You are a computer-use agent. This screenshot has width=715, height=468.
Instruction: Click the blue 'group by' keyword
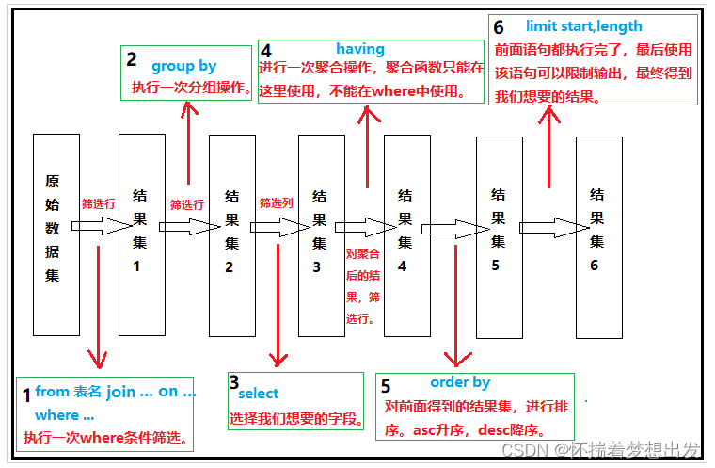183,66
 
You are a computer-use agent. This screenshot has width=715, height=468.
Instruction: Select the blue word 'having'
360,49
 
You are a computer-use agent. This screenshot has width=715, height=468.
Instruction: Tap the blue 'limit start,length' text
583,26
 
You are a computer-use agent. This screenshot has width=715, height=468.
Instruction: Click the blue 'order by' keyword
460,382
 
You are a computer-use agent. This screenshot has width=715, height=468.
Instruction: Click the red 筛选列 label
277,202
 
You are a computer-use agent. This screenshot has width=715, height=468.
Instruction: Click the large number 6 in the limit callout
499,27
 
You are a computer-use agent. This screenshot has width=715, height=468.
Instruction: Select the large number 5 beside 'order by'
386,386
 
